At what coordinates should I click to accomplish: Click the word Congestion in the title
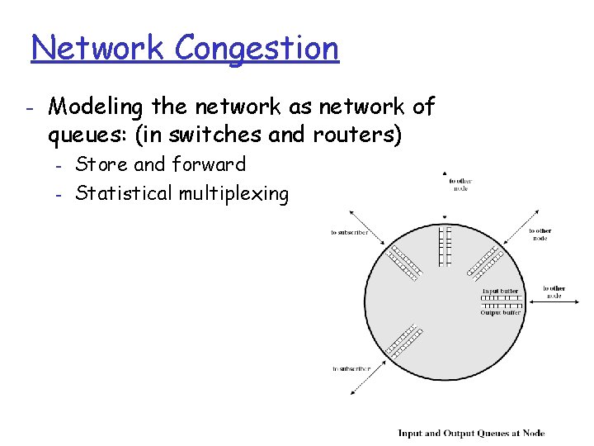click(257, 49)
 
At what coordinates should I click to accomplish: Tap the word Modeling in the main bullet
click(95, 107)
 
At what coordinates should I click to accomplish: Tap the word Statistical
click(124, 194)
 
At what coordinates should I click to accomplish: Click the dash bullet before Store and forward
click(59, 165)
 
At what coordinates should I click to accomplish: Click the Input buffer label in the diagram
click(502, 291)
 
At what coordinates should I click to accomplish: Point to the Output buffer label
click(501, 313)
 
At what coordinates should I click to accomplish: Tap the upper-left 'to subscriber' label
click(350, 233)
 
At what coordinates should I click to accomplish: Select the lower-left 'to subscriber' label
click(351, 368)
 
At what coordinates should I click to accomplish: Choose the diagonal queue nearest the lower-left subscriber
click(402, 345)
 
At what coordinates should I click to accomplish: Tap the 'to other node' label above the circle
click(461, 184)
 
